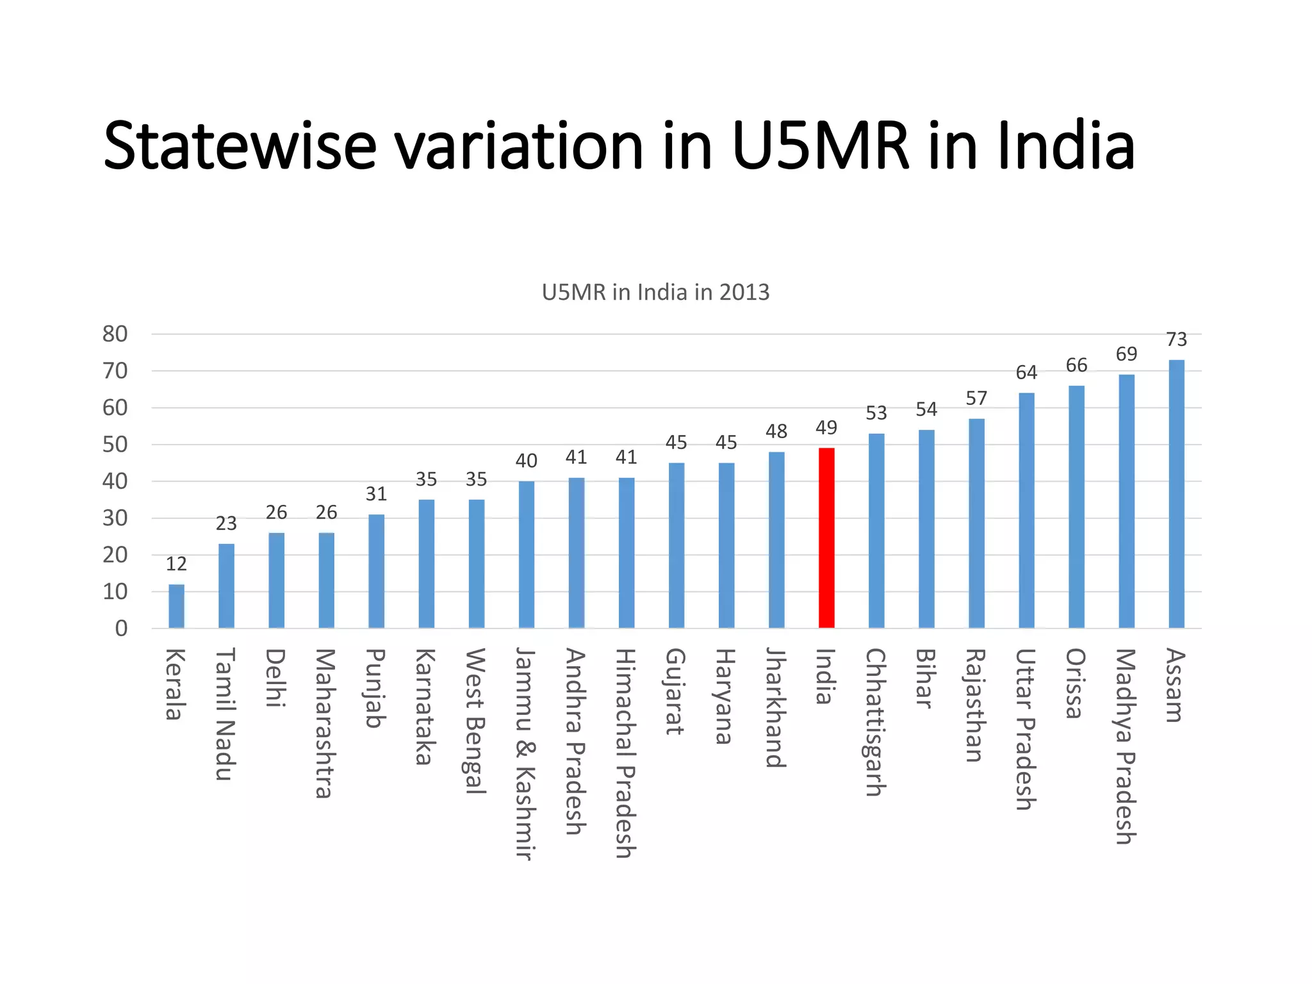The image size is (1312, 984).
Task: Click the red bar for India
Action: (826, 538)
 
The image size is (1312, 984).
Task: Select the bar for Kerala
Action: (176, 606)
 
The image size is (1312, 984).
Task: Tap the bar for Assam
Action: (1176, 493)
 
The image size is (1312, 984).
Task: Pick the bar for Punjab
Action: (376, 571)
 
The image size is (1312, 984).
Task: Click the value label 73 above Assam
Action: (1176, 340)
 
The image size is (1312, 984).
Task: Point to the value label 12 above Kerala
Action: (176, 564)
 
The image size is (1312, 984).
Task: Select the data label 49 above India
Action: (826, 427)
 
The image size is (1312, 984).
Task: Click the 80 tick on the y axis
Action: (115, 334)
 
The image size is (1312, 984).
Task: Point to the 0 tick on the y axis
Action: (121, 628)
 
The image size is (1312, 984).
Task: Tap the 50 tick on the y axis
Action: (115, 445)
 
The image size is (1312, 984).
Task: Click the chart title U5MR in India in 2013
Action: (655, 292)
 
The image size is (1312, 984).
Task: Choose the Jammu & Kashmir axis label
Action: (525, 753)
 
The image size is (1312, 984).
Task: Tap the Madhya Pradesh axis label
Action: (1126, 746)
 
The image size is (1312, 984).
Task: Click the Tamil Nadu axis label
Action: (225, 714)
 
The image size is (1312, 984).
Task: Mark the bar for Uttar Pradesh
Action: (1026, 510)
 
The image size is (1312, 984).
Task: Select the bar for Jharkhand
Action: (776, 539)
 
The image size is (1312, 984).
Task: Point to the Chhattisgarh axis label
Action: (876, 722)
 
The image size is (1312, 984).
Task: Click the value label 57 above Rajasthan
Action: (976, 398)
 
